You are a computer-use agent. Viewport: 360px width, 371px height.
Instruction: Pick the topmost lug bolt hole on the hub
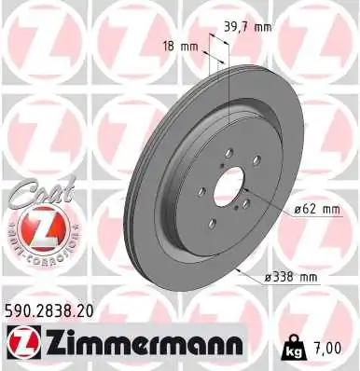(x=228, y=161)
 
